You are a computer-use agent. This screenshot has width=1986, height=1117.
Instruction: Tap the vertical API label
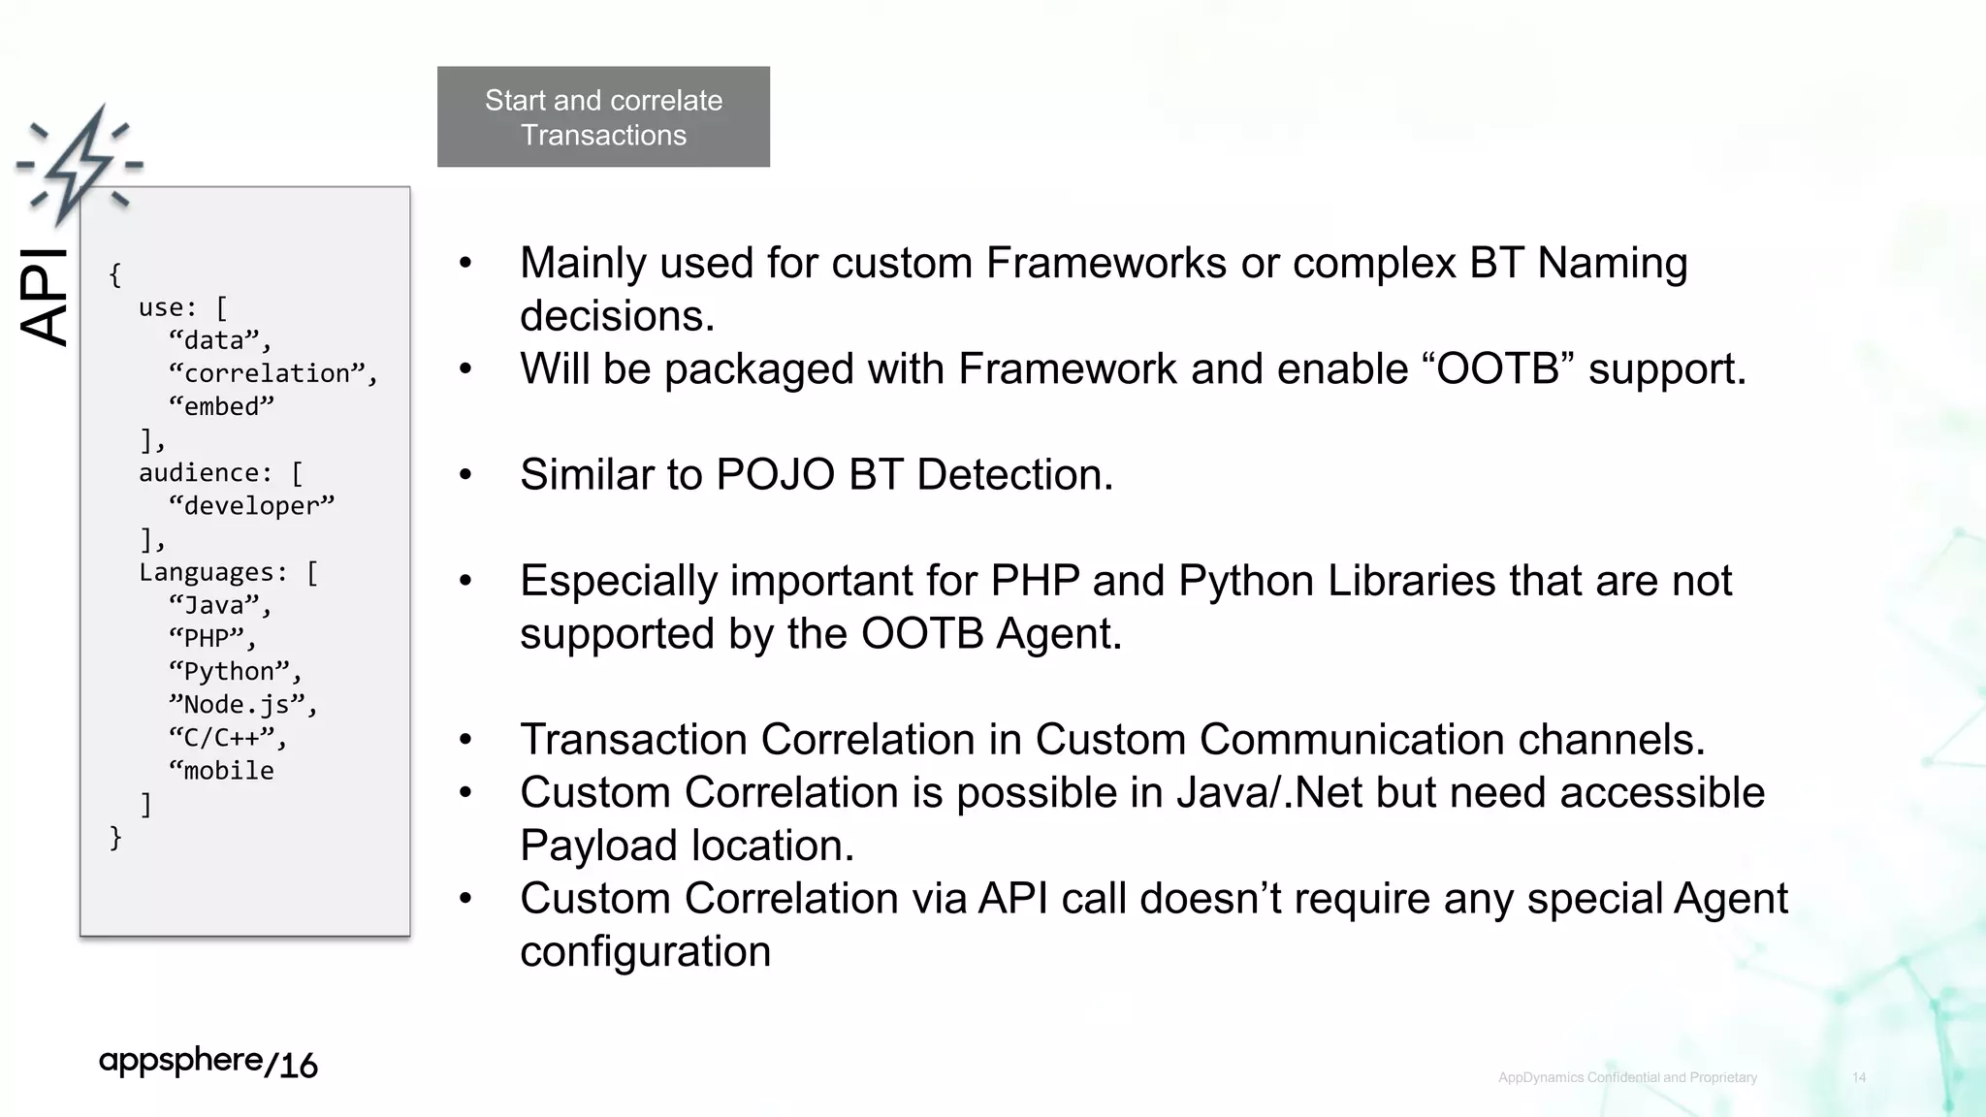[45, 296]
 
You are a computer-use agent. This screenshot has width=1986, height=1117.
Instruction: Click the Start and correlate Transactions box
[603, 117]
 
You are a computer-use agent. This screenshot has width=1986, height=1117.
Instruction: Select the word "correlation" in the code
[267, 373]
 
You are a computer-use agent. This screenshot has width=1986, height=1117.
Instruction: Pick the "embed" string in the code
[221, 406]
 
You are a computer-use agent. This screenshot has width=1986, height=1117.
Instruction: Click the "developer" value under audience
[250, 505]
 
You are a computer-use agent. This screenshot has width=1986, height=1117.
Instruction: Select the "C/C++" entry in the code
[223, 737]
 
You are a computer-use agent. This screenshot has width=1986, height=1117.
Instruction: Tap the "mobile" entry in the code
[223, 770]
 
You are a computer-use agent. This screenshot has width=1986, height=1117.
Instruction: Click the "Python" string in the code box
[230, 671]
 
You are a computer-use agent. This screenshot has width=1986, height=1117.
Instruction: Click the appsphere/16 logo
[208, 1063]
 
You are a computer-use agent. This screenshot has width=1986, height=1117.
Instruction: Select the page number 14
[1858, 1077]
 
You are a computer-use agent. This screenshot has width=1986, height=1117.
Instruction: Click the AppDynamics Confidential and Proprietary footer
[1627, 1077]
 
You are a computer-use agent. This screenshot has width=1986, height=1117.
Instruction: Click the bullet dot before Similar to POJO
[465, 475]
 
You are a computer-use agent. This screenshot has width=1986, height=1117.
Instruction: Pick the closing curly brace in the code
[115, 837]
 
